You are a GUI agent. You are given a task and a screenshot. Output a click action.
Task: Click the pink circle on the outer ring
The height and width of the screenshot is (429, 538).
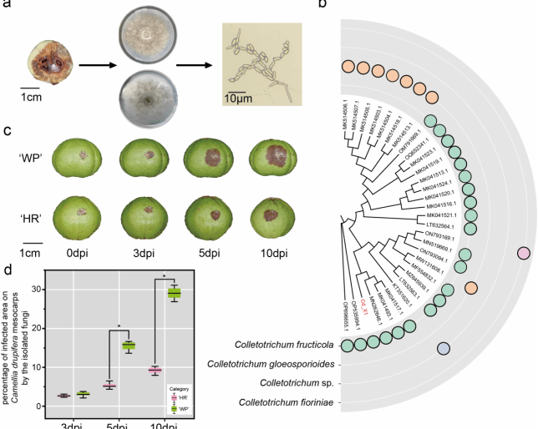click(x=524, y=253)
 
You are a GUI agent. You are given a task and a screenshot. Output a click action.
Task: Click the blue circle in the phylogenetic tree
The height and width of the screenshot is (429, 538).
click(x=445, y=349)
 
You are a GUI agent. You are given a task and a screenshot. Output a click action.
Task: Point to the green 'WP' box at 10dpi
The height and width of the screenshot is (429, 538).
click(x=174, y=293)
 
